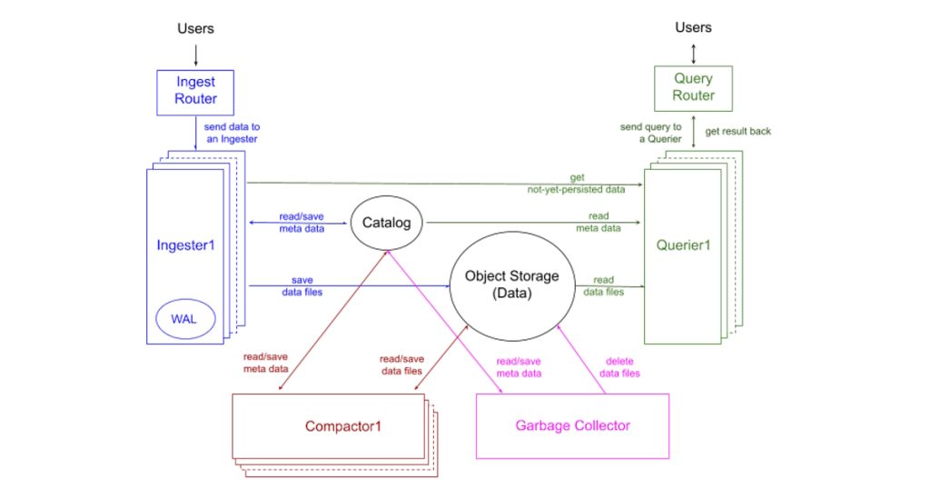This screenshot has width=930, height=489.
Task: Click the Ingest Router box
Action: pos(196,92)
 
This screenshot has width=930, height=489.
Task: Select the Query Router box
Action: pos(694,87)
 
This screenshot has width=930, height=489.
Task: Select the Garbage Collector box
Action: pos(572,425)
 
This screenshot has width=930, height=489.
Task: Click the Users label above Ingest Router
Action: pos(195,28)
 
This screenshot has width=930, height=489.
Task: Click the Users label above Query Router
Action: pos(694,27)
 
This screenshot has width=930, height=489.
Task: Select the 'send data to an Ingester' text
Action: pos(232,133)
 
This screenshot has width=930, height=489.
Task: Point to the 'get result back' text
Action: pos(738,131)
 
